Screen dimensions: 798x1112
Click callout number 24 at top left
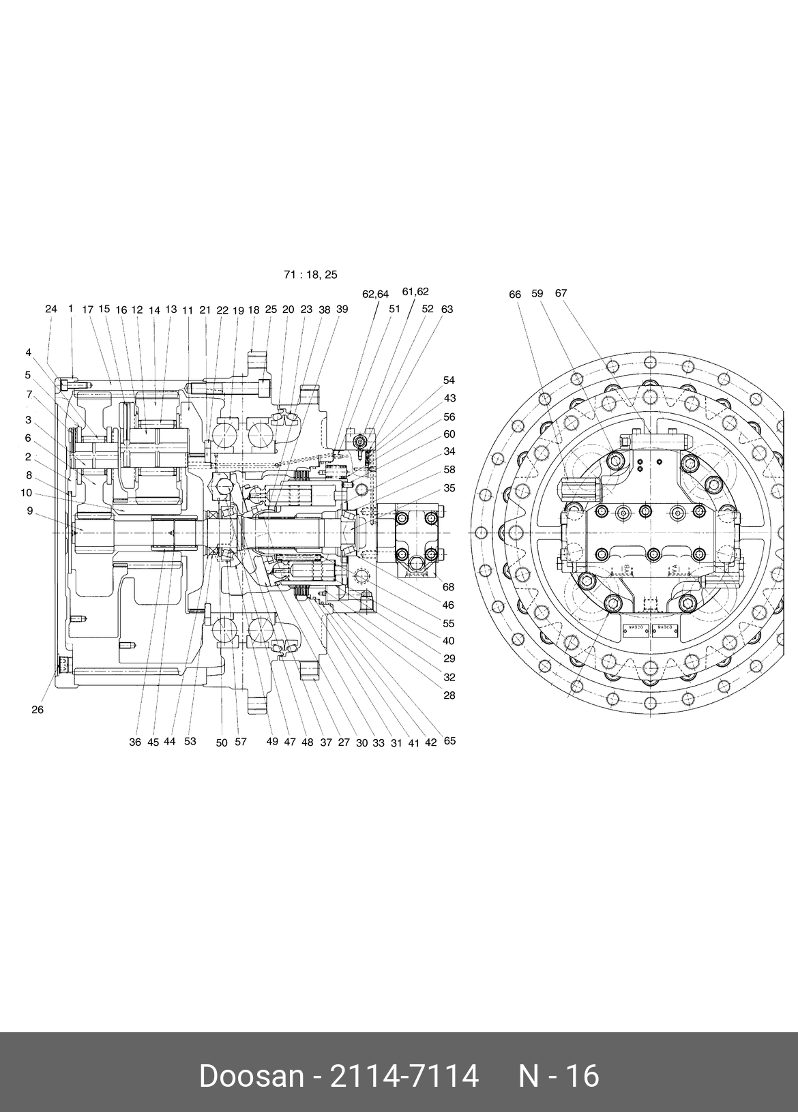(x=51, y=309)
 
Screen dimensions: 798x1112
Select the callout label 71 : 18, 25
(x=310, y=275)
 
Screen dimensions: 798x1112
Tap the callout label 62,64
(x=375, y=295)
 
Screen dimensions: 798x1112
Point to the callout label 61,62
(x=415, y=292)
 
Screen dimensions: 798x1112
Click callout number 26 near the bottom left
(x=38, y=710)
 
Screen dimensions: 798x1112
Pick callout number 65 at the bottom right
(x=449, y=740)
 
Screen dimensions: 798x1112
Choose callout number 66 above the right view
(x=515, y=295)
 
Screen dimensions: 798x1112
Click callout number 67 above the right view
(x=561, y=293)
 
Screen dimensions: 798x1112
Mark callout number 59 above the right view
(x=537, y=294)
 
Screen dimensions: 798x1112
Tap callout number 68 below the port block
(x=448, y=587)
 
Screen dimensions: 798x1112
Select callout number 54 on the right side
(x=449, y=380)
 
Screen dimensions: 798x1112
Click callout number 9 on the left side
(x=30, y=510)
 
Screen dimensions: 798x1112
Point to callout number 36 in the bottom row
(x=135, y=742)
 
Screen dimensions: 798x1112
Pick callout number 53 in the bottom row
(x=190, y=741)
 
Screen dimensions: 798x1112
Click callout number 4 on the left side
(x=29, y=352)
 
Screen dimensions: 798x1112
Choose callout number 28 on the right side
(x=449, y=695)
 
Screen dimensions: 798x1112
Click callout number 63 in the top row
(x=447, y=309)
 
